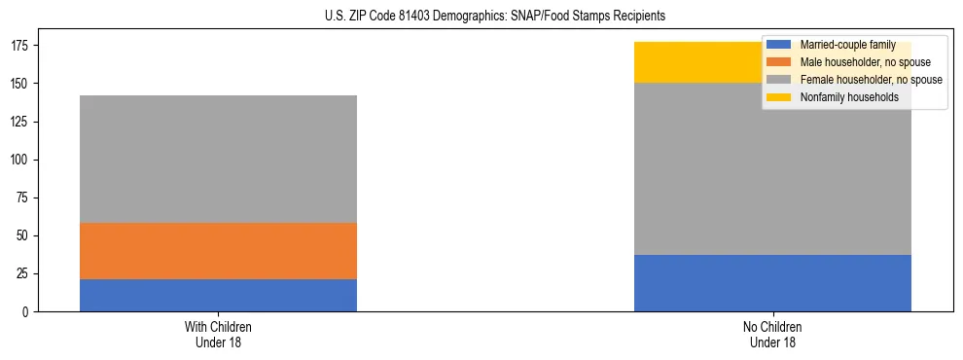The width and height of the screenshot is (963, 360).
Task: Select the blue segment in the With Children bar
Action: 218,295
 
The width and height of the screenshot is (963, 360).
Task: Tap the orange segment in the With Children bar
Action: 218,251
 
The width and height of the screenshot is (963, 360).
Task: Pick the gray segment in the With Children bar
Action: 218,159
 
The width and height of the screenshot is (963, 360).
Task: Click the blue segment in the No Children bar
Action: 772,283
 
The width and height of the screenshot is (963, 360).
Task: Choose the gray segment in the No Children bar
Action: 772,168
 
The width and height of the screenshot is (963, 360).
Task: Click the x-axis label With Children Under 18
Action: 218,334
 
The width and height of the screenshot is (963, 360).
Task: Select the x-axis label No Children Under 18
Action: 772,334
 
